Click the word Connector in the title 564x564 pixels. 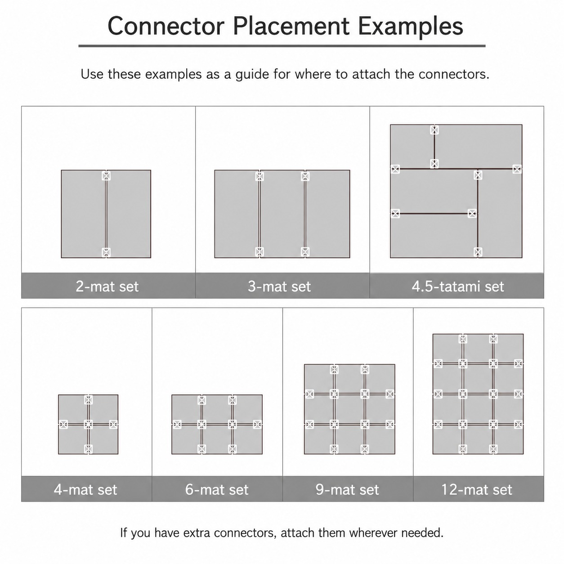click(166, 26)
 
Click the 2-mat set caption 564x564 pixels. click(107, 286)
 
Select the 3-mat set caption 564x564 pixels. click(279, 286)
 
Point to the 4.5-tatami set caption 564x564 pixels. click(458, 286)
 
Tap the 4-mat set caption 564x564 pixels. click(85, 489)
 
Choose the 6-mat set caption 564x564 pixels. click(217, 489)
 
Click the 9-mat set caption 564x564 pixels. click(347, 489)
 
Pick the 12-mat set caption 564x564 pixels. click(477, 489)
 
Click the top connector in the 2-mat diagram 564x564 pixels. click(106, 176)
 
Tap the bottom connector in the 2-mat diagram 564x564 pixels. click(106, 252)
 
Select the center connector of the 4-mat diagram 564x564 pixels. click(88, 424)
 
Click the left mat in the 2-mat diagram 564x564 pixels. click(83, 214)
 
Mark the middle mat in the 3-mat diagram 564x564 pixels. click(282, 214)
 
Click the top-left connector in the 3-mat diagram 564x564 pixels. click(260, 176)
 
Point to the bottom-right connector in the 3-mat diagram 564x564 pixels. click(305, 251)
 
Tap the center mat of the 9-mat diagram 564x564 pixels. click(349, 409)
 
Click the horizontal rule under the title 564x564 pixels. click(282, 46)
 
